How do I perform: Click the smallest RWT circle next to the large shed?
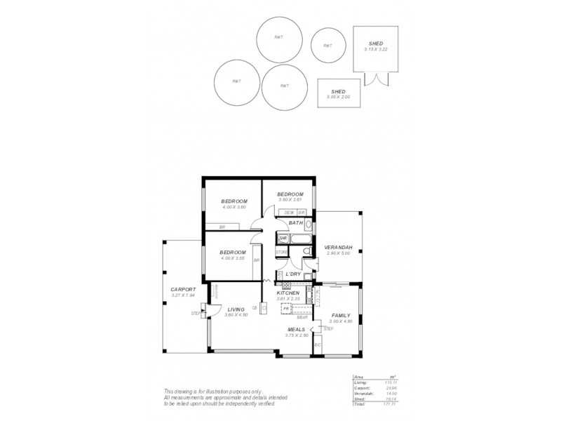click(x=327, y=46)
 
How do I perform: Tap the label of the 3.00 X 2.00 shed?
click(x=338, y=93)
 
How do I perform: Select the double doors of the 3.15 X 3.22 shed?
click(x=379, y=77)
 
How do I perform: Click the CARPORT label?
click(x=183, y=289)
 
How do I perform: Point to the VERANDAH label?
click(x=338, y=247)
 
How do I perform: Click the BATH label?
click(x=295, y=223)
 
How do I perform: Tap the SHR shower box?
click(x=283, y=239)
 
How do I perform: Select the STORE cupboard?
click(x=281, y=251)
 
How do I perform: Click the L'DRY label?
click(x=292, y=274)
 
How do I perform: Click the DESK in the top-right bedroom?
click(x=289, y=212)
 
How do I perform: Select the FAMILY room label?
click(x=341, y=316)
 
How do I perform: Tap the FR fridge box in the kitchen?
click(x=286, y=308)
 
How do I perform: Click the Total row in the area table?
click(x=378, y=405)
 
